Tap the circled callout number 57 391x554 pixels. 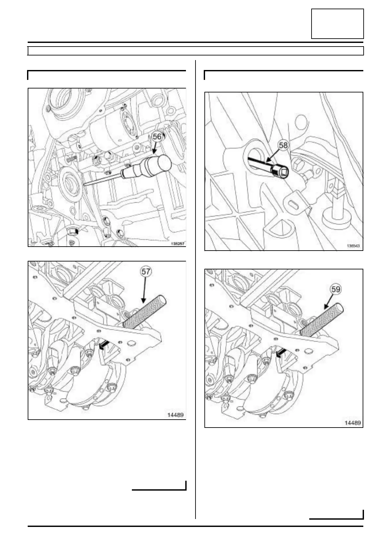click(x=146, y=272)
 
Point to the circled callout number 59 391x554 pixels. click(x=336, y=289)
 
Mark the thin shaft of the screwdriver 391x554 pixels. click(x=102, y=180)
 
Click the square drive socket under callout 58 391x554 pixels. click(x=280, y=172)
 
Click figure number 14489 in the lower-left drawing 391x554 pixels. click(x=175, y=415)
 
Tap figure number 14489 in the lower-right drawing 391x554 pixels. click(x=352, y=423)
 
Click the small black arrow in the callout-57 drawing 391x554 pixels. click(x=103, y=345)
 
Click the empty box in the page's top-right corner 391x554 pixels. click(x=337, y=24)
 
